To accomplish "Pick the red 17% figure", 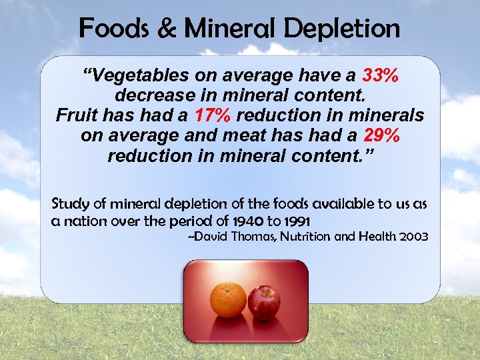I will click(x=213, y=115).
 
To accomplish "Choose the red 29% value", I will click(x=382, y=135).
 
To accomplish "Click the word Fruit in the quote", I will click(x=76, y=115).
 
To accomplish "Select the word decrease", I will click(x=153, y=95).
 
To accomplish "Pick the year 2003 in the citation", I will click(x=413, y=237).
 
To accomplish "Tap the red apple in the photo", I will click(x=264, y=303).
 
